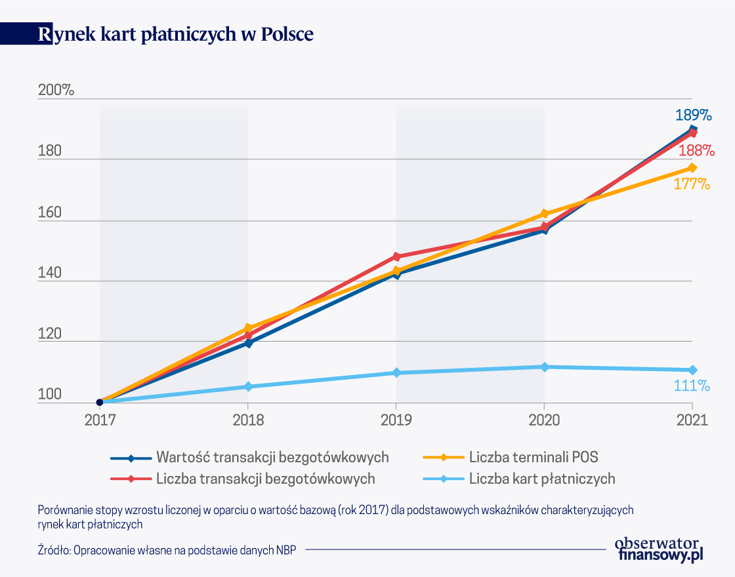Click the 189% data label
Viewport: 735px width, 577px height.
(694, 115)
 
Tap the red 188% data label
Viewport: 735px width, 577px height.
(696, 150)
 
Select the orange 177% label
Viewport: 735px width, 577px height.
(692, 184)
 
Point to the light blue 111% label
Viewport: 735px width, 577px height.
(692, 386)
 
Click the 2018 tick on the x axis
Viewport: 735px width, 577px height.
(247, 420)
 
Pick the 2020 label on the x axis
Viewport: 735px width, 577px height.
(544, 420)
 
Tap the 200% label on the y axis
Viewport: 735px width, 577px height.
(56, 90)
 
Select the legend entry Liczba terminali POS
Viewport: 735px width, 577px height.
(532, 457)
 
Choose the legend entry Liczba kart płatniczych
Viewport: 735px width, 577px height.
(542, 479)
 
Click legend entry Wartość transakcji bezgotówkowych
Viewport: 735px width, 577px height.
(272, 457)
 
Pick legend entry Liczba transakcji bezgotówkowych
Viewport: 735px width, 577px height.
(265, 479)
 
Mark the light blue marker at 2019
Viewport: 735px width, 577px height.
(396, 372)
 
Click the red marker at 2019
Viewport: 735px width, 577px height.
(396, 256)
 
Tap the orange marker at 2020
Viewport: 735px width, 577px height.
(544, 214)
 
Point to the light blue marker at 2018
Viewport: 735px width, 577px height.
(247, 387)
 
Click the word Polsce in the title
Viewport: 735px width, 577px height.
(287, 34)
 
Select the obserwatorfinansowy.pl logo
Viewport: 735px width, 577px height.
(661, 549)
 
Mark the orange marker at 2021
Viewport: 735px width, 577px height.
(692, 168)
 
